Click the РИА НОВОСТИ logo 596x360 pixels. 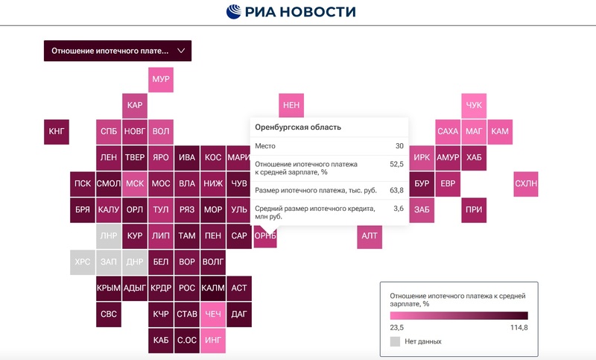[291, 12]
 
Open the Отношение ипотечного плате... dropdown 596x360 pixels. [118, 51]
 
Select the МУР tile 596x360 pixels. [161, 80]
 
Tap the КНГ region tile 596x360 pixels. [57, 132]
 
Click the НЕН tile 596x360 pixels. [291, 106]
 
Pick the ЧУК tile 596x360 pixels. [474, 106]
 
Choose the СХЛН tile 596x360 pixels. [526, 183]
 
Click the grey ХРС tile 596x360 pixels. [83, 262]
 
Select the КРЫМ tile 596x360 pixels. [109, 288]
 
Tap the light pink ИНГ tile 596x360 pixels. [213, 341]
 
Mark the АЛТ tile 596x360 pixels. [370, 236]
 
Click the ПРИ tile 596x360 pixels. [474, 210]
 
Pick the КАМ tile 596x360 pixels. [500, 132]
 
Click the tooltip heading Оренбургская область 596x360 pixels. [298, 127]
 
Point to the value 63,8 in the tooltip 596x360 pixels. [396, 191]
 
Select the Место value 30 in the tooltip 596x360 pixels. [399, 146]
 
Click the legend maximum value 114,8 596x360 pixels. [519, 327]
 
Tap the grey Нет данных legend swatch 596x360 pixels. [395, 341]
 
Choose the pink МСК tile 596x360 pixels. [135, 184]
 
